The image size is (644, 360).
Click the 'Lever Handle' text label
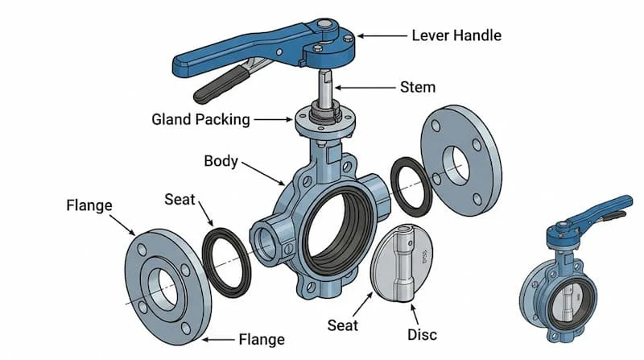(x=456, y=35)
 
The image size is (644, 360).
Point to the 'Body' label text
(x=221, y=160)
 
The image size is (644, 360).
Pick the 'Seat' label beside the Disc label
(x=343, y=325)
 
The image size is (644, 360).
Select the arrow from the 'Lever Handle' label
(x=383, y=35)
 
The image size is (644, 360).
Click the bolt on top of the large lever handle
(x=327, y=26)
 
